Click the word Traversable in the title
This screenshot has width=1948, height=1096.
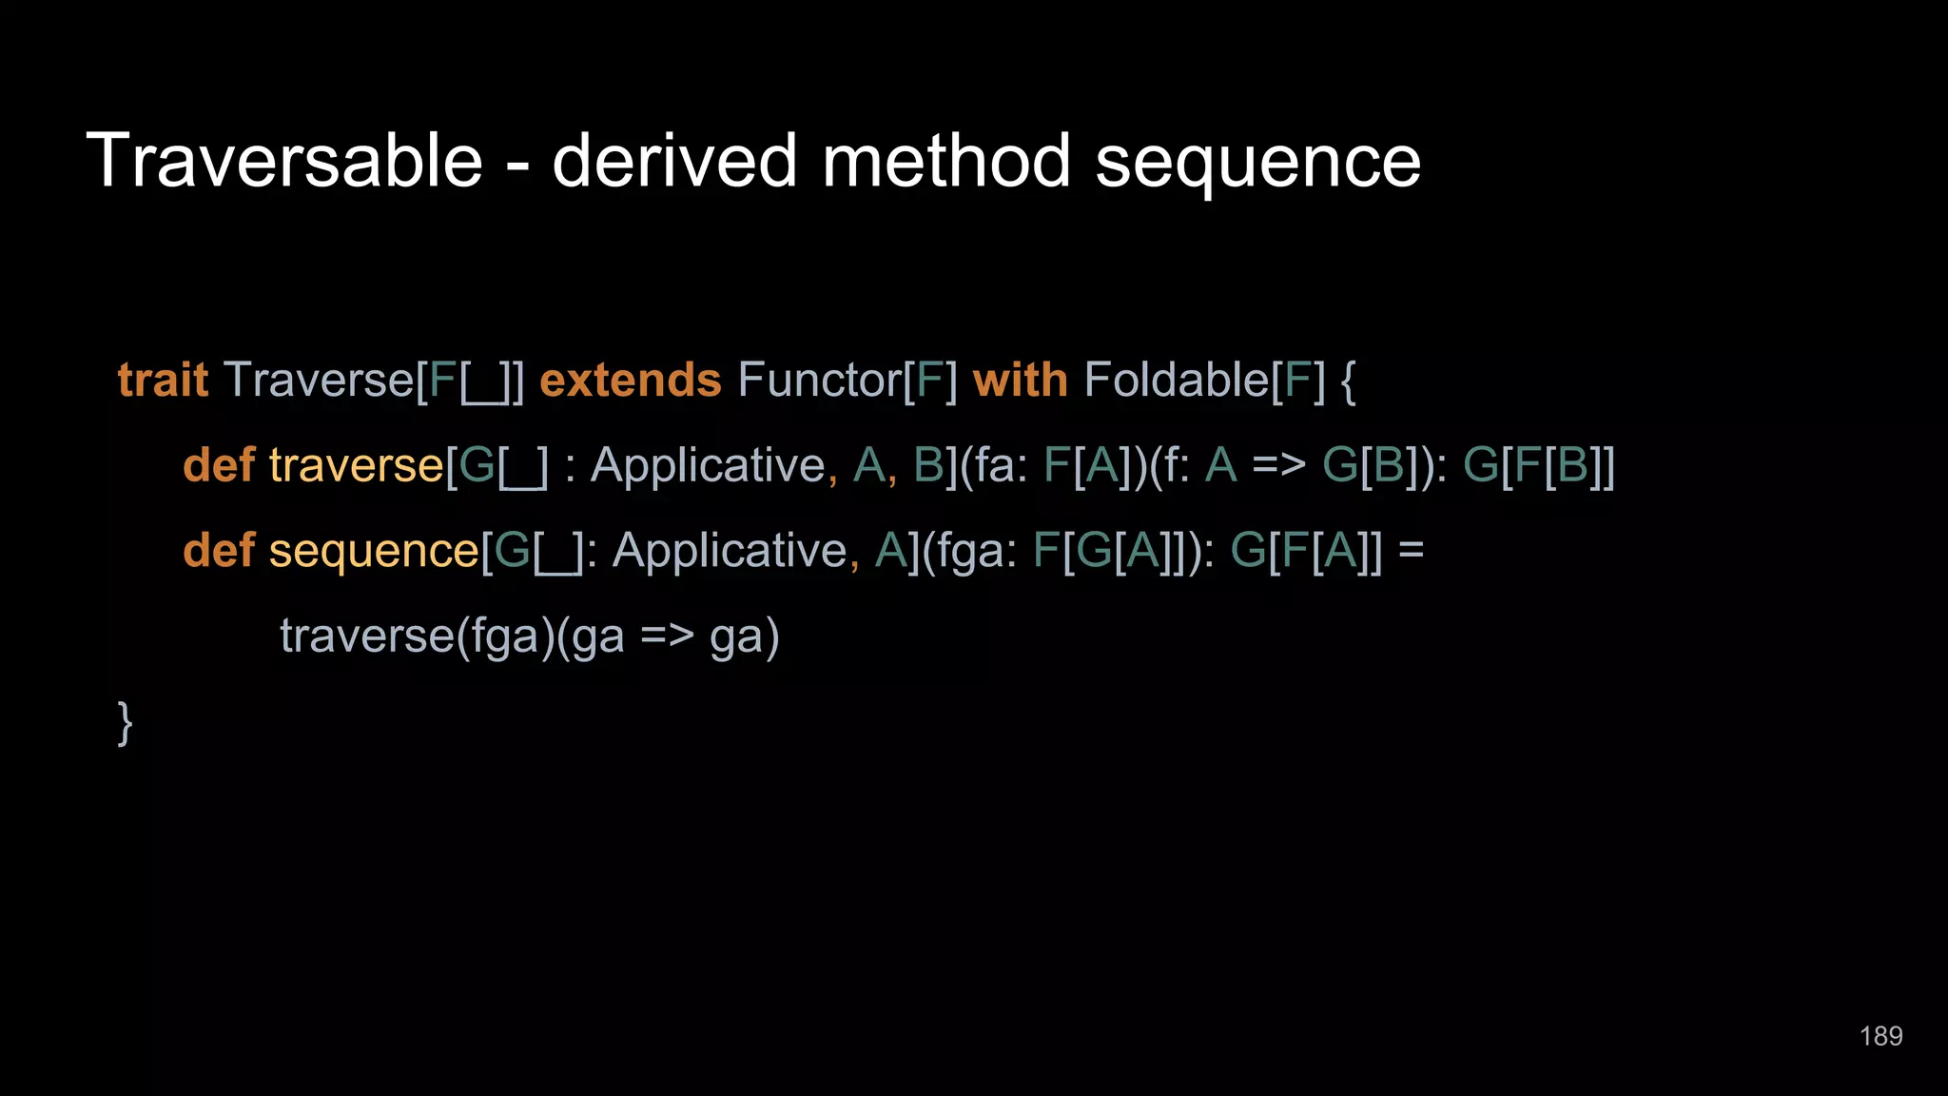click(x=284, y=161)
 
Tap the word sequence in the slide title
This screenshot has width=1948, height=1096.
click(x=1257, y=163)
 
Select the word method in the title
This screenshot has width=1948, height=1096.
click(x=946, y=161)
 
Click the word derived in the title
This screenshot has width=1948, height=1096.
click(x=674, y=161)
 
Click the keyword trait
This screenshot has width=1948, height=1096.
click(x=163, y=381)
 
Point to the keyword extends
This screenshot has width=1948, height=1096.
click(x=630, y=381)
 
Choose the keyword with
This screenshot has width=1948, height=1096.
click(x=1020, y=381)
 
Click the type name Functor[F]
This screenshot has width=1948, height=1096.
click(x=847, y=381)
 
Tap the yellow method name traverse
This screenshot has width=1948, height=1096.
click(x=356, y=466)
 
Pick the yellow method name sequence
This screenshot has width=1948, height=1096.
click(x=374, y=552)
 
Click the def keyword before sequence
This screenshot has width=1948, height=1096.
click(x=219, y=551)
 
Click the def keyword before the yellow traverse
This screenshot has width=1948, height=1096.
click(x=219, y=465)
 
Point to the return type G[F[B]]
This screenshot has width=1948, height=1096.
click(x=1538, y=466)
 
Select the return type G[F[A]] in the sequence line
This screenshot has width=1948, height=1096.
click(x=1306, y=551)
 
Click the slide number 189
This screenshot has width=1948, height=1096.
click(x=1880, y=1036)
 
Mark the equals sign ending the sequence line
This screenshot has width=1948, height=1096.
click(x=1412, y=551)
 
